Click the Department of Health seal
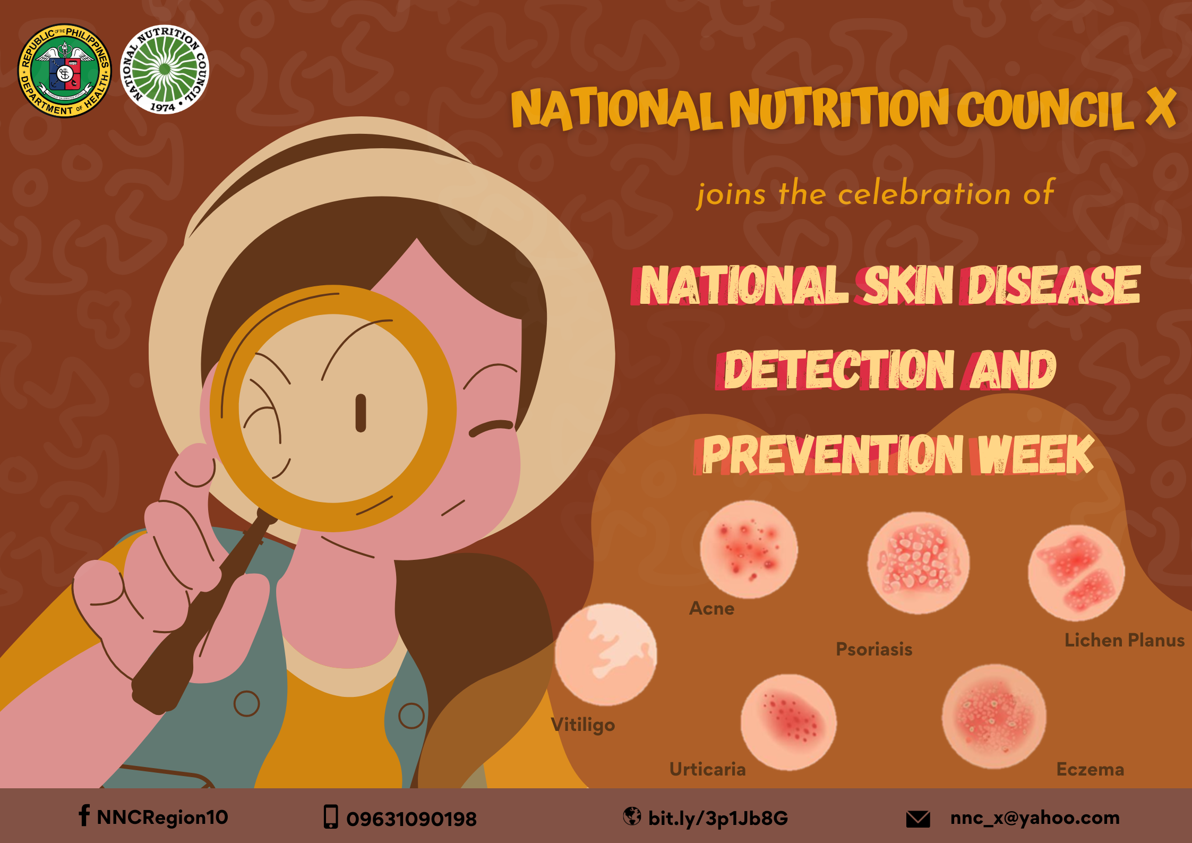65,71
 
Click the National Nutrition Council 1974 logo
165,69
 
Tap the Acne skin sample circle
749,549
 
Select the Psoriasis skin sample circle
919,563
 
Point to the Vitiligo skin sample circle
606,654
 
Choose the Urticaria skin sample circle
788,722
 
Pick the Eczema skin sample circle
994,716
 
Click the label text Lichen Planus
1125,640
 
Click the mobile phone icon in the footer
331,817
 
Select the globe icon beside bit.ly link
632,816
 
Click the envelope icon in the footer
918,819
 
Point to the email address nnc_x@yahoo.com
1035,818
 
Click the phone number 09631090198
411,819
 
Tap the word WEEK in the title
1035,454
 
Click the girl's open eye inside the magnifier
361,413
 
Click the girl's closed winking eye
492,428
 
